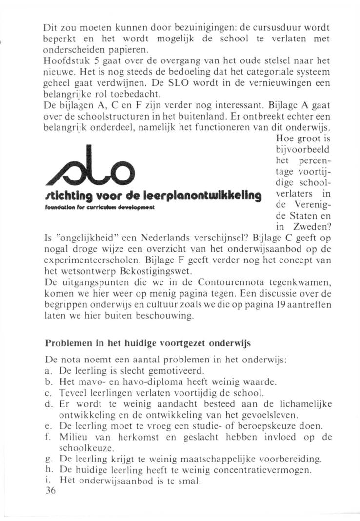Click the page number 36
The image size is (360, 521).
click(x=50, y=491)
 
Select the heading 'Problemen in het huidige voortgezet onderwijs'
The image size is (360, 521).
click(x=147, y=343)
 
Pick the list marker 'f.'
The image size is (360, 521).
click(x=47, y=437)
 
